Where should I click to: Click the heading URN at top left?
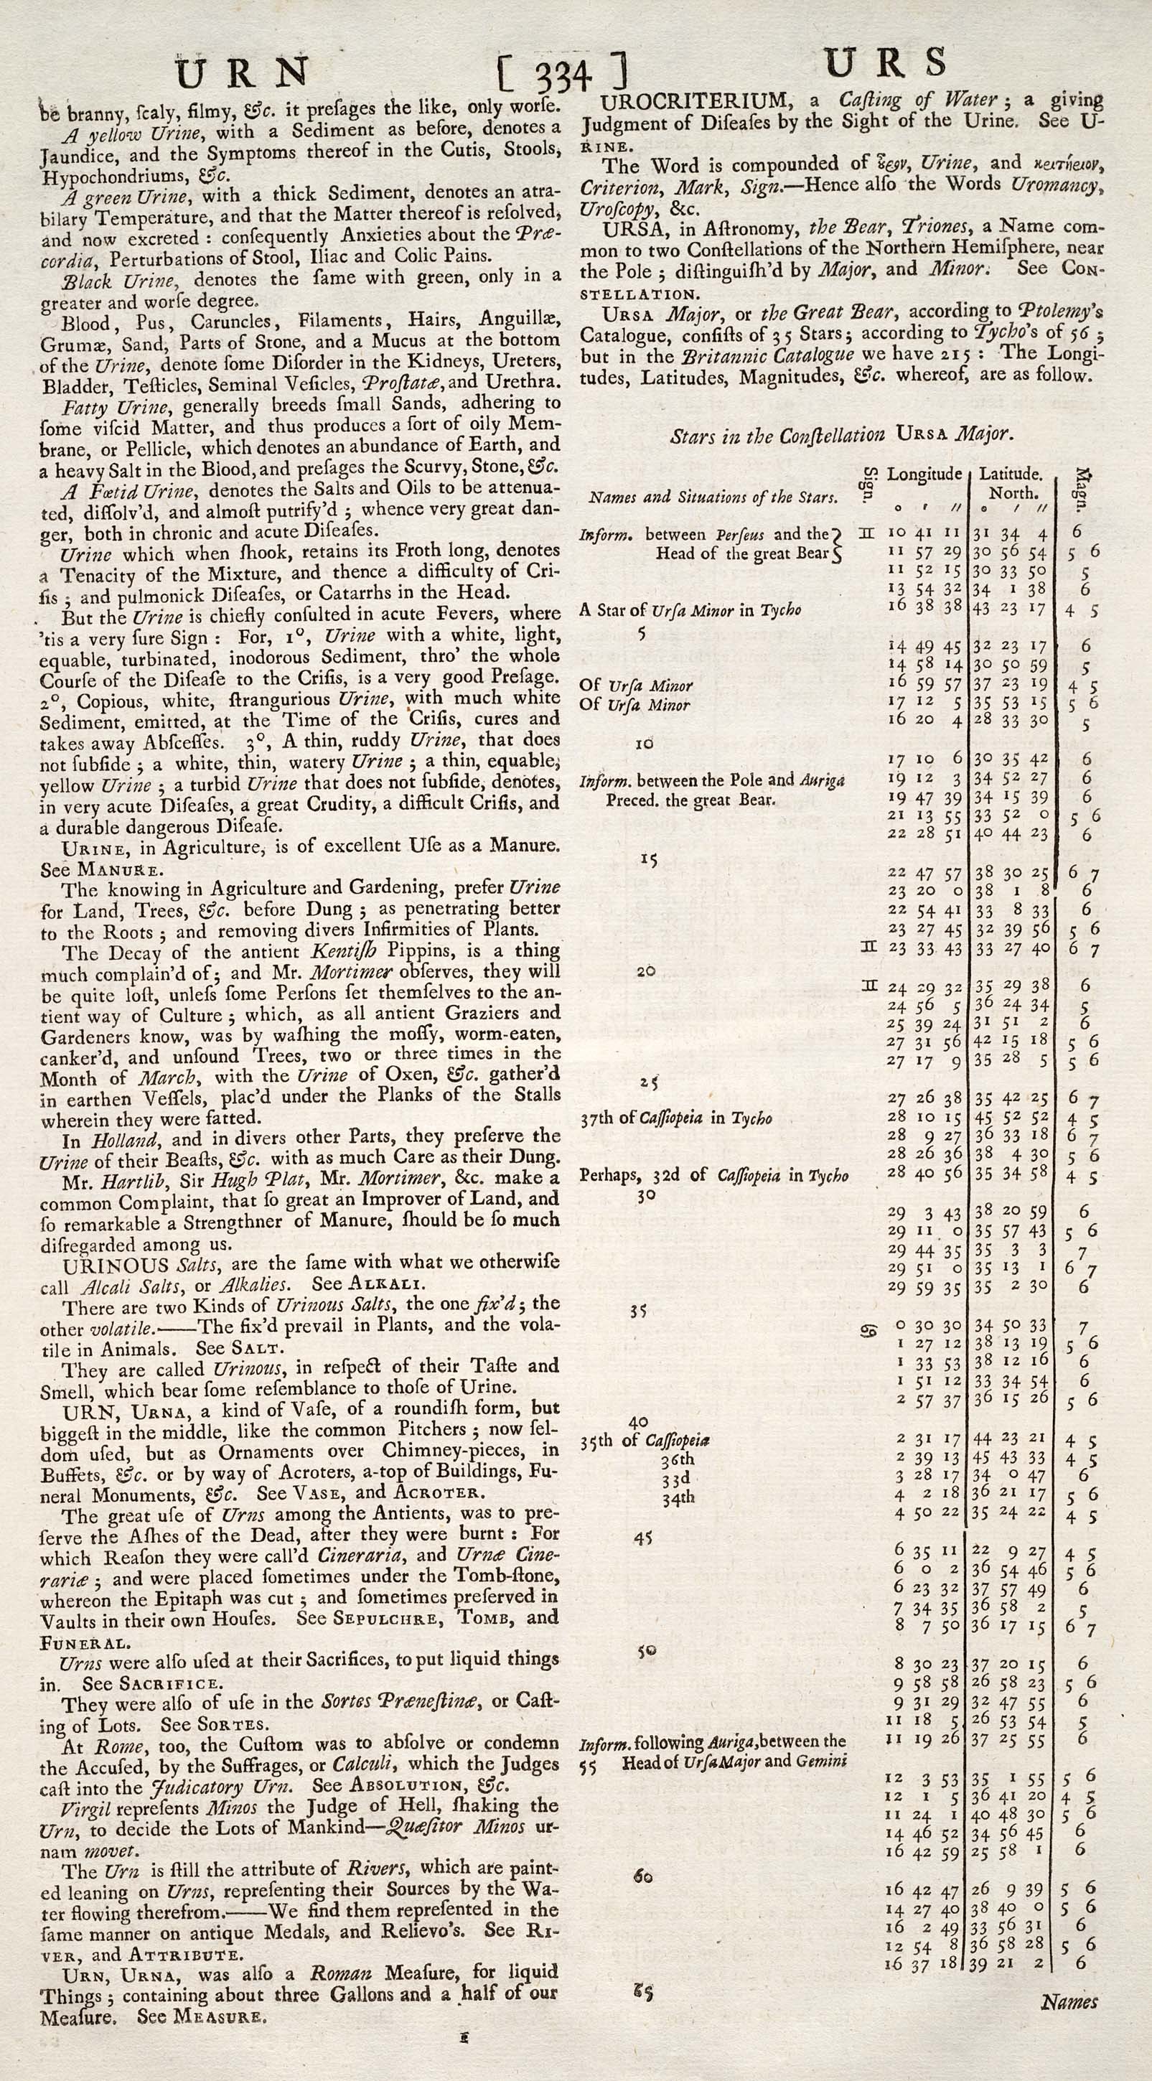(x=243, y=73)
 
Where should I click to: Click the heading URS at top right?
(x=886, y=63)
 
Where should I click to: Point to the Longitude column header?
(x=924, y=474)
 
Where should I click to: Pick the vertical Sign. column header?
(x=870, y=484)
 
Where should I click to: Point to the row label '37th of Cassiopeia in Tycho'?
(x=675, y=1118)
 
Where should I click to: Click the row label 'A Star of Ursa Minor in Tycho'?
(x=689, y=610)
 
